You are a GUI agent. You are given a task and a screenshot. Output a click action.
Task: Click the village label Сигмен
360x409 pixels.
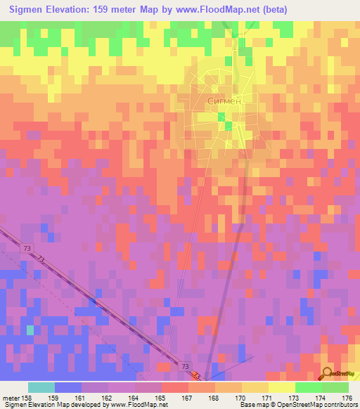tap(225, 101)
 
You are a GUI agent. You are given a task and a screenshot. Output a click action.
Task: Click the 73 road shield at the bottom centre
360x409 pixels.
tap(184, 367)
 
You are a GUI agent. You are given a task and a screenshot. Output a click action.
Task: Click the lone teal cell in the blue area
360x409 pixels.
tap(30, 329)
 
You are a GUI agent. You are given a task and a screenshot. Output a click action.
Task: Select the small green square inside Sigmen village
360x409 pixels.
tap(228, 126)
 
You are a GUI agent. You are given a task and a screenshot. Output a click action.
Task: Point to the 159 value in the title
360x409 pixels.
tap(109, 10)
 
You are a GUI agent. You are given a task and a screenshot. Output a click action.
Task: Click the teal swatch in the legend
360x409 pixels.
tap(41, 387)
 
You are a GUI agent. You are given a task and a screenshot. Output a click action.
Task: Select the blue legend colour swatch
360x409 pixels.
tap(68, 387)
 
